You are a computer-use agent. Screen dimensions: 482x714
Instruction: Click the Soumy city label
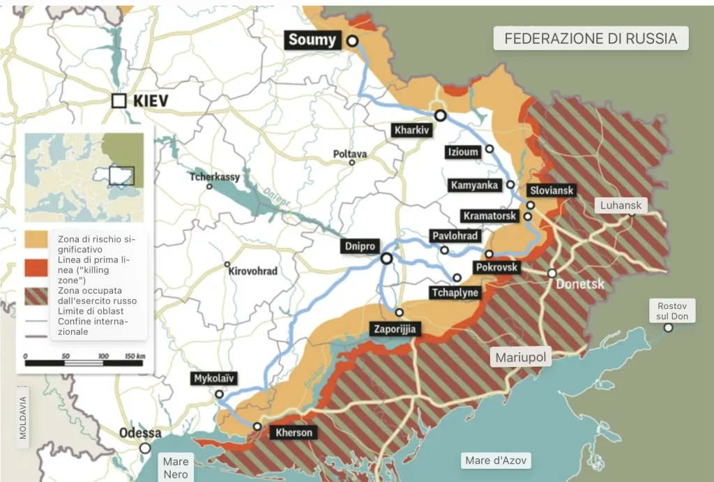pyautogui.click(x=312, y=40)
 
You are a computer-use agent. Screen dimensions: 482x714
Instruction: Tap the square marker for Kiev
pyautogui.click(x=119, y=101)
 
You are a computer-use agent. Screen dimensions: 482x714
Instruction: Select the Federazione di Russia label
pyautogui.click(x=591, y=38)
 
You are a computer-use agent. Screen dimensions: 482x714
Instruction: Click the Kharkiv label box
pyautogui.click(x=411, y=130)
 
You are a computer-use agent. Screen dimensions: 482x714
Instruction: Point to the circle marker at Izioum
pyautogui.click(x=489, y=149)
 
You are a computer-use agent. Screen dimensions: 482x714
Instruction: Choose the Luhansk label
pyautogui.click(x=620, y=205)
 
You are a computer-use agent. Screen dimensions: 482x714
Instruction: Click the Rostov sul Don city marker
pyautogui.click(x=668, y=327)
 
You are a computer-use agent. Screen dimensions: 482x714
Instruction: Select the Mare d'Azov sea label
pyautogui.click(x=497, y=460)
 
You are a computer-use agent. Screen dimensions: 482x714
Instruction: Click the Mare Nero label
pyautogui.click(x=176, y=467)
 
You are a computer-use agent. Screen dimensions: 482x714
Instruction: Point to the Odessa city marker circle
pyautogui.click(x=145, y=449)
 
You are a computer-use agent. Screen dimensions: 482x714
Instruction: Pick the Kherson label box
pyautogui.click(x=294, y=432)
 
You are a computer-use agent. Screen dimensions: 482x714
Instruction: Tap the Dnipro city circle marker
pyautogui.click(x=386, y=259)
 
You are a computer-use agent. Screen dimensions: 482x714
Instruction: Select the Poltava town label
pyautogui.click(x=350, y=154)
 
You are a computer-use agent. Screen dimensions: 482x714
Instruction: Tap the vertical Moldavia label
pyautogui.click(x=23, y=417)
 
